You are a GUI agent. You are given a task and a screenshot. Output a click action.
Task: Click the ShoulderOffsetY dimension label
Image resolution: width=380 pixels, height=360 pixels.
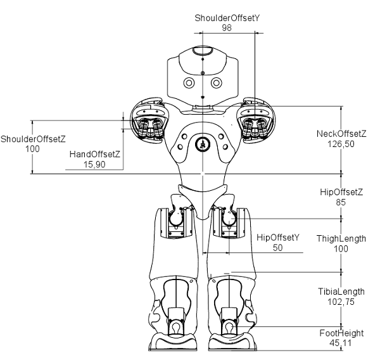coord(227,18)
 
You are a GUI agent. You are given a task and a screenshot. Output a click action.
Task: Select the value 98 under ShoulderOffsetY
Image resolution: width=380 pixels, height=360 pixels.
coord(227,28)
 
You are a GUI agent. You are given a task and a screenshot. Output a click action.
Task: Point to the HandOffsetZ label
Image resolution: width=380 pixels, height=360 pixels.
coord(95,154)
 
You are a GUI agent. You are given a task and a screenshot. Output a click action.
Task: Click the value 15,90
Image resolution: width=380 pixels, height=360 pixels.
coord(95,164)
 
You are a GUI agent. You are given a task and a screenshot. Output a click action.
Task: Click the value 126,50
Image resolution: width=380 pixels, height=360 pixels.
coord(341,145)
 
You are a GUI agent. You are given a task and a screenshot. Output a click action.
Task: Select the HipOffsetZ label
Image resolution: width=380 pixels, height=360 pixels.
coord(341,192)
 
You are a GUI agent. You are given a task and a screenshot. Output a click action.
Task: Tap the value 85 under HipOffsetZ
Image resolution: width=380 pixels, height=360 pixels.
coord(341,203)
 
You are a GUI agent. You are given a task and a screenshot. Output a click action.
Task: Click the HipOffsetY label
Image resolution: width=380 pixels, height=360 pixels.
coord(277,238)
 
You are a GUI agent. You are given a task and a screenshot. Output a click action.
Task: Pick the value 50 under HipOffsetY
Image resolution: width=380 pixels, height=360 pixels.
coord(277,248)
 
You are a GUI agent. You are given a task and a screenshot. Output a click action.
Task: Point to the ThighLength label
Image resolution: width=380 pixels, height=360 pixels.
coord(341,239)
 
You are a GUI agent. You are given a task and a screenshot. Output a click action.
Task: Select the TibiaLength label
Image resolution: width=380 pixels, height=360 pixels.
coord(341,292)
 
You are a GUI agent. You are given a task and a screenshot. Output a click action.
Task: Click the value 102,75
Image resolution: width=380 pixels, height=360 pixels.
coord(341,302)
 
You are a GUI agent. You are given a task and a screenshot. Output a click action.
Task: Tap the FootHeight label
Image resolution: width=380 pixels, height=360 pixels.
coord(341,333)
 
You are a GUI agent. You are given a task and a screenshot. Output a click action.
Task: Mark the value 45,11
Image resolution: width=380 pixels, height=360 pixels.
coord(341,343)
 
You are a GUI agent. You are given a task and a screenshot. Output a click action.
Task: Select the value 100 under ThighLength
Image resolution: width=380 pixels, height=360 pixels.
coord(341,249)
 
